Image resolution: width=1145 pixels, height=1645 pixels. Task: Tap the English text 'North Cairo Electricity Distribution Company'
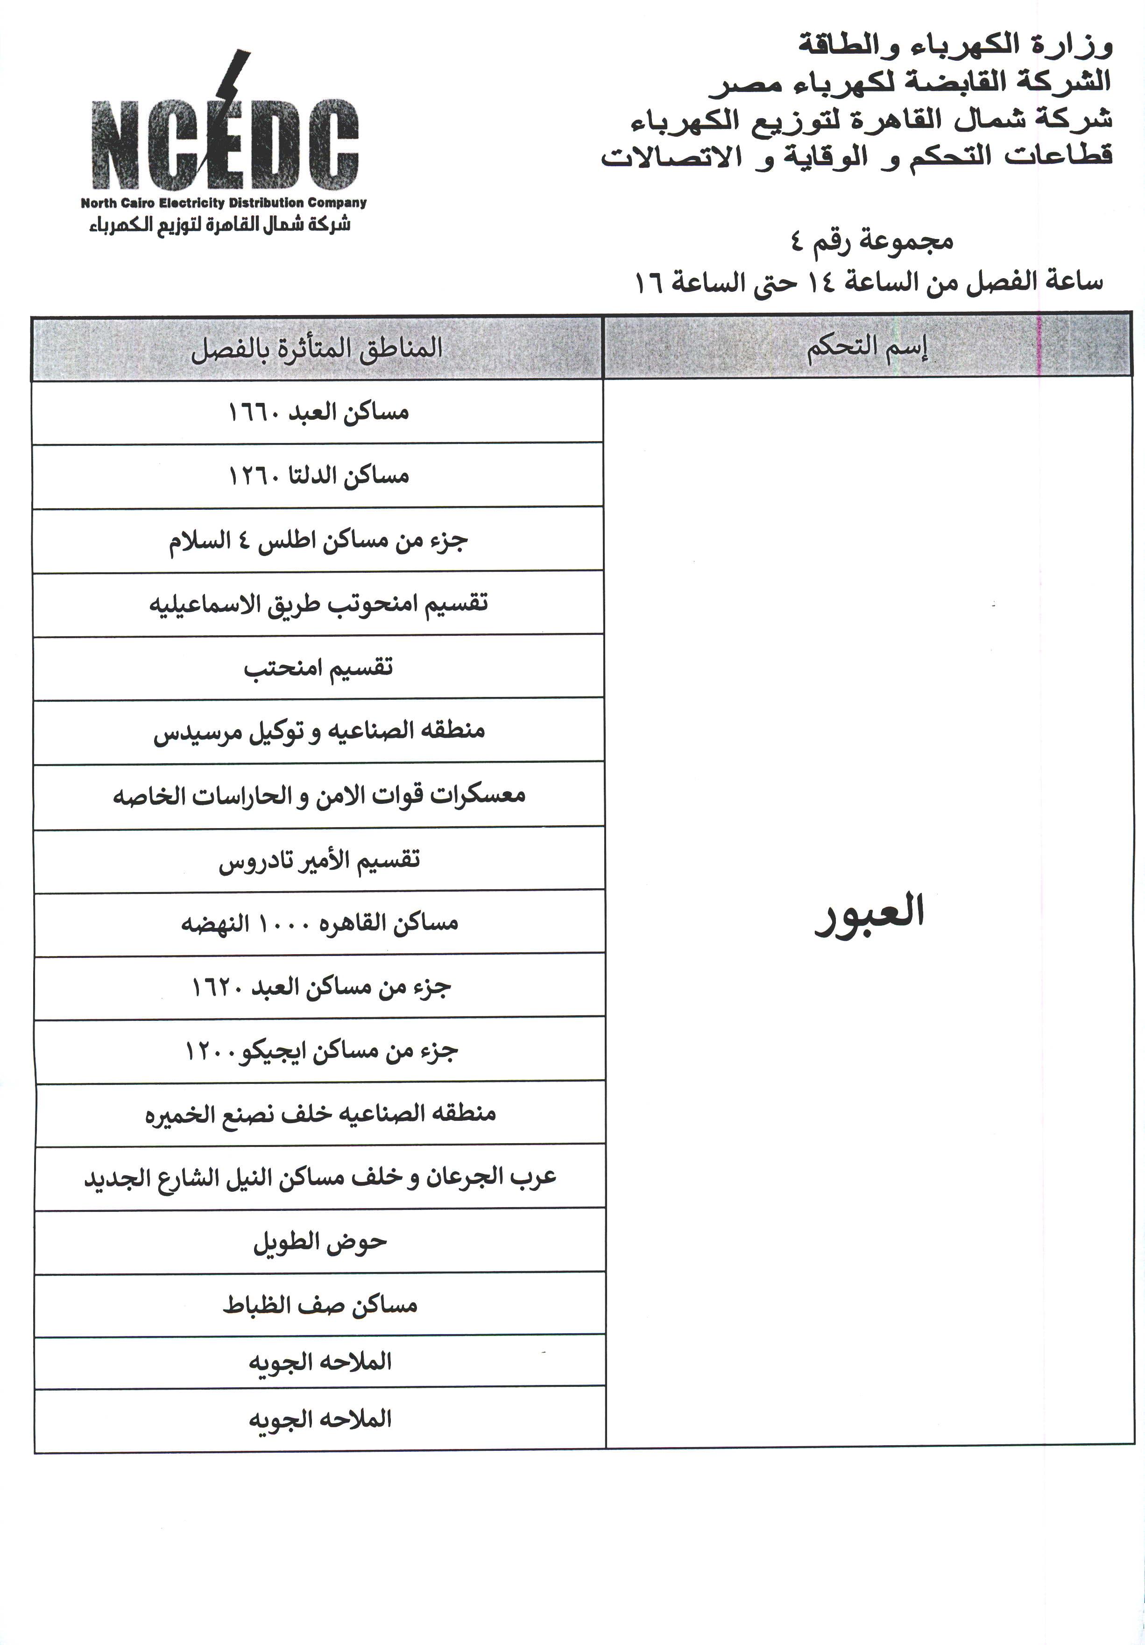click(224, 203)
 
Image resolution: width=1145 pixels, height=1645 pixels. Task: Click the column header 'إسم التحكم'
click(868, 348)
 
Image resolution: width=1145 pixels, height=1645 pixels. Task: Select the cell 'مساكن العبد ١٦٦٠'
click(318, 413)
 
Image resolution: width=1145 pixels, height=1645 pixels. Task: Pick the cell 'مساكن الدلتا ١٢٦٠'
click(318, 476)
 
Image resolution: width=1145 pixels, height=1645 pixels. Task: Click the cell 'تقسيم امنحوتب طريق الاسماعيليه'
click(318, 603)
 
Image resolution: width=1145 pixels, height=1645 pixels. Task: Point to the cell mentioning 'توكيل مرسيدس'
click(318, 731)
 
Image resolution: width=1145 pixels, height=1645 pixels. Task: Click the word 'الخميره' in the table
click(176, 1115)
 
